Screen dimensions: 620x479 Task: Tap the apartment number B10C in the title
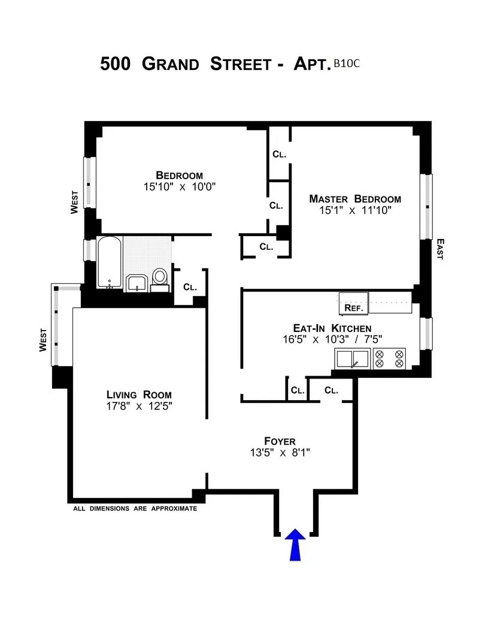pyautogui.click(x=347, y=63)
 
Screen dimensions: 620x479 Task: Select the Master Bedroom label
pyautogui.click(x=355, y=199)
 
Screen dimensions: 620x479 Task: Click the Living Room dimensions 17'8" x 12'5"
pyautogui.click(x=139, y=406)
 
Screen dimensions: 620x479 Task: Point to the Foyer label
pyautogui.click(x=280, y=441)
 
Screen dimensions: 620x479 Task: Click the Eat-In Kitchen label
pyautogui.click(x=332, y=328)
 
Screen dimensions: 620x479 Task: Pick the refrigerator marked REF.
pyautogui.click(x=353, y=303)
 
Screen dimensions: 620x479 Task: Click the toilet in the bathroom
pyautogui.click(x=160, y=278)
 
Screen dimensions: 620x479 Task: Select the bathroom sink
pyautogui.click(x=138, y=283)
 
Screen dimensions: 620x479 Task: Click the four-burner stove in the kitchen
pyautogui.click(x=389, y=358)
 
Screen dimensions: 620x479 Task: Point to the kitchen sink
pyautogui.click(x=352, y=358)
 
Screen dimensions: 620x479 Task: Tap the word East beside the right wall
pyautogui.click(x=440, y=249)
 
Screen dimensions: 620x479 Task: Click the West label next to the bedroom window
pyautogui.click(x=75, y=202)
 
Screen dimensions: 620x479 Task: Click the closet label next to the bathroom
pyautogui.click(x=190, y=287)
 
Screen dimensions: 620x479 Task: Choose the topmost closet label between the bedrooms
pyautogui.click(x=279, y=154)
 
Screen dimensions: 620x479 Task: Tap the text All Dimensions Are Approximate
pyautogui.click(x=135, y=509)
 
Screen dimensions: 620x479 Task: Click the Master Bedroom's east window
pyautogui.click(x=427, y=207)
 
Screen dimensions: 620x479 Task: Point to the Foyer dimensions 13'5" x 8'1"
pyautogui.click(x=280, y=452)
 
